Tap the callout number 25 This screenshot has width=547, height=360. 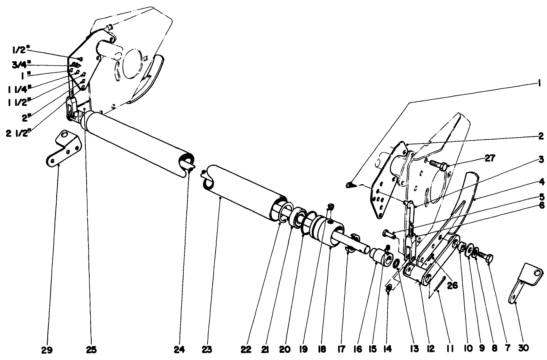click(91, 349)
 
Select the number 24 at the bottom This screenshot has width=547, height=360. click(179, 349)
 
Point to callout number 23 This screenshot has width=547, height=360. click(207, 349)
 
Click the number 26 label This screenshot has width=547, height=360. click(452, 285)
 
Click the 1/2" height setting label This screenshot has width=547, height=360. click(18, 50)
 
